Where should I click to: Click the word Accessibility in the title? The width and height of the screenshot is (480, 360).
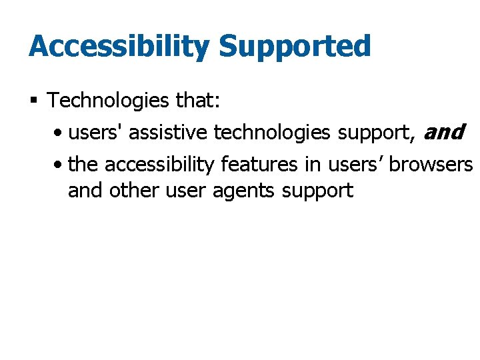tap(119, 47)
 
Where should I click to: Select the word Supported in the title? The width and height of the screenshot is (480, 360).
tap(295, 47)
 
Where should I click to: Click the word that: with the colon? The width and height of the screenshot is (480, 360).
tap(195, 101)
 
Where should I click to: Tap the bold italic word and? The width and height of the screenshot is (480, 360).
tap(443, 133)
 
